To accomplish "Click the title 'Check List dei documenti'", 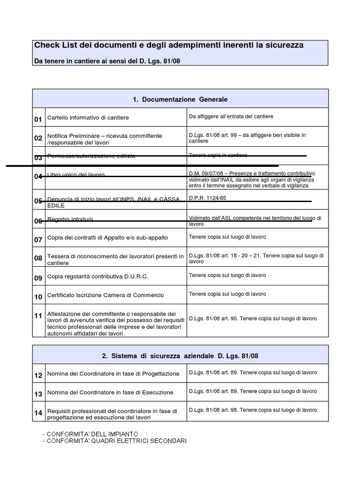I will click(x=169, y=45).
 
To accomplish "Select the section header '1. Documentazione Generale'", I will click(x=180, y=99).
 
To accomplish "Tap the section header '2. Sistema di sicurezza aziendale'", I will click(x=180, y=356).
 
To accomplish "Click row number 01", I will click(x=38, y=120).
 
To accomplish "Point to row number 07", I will click(x=38, y=240).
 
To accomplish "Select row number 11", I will click(x=38, y=316).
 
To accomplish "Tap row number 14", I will click(x=38, y=413).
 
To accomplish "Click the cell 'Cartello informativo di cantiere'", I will click(x=88, y=118).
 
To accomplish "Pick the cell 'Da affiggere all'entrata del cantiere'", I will click(x=231, y=116).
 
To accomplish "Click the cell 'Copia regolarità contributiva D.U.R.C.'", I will click(x=97, y=277).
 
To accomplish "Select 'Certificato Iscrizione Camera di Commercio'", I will click(x=105, y=295).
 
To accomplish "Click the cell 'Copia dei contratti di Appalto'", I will click(x=107, y=238).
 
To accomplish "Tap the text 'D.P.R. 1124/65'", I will click(x=207, y=198).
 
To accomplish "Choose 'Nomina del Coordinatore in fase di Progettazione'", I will click(x=113, y=374).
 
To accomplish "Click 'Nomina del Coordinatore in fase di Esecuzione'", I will click(x=110, y=392).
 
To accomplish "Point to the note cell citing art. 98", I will click(x=253, y=410).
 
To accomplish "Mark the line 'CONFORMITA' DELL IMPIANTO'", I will click(x=92, y=434).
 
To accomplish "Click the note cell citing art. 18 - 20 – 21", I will click(x=256, y=258).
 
